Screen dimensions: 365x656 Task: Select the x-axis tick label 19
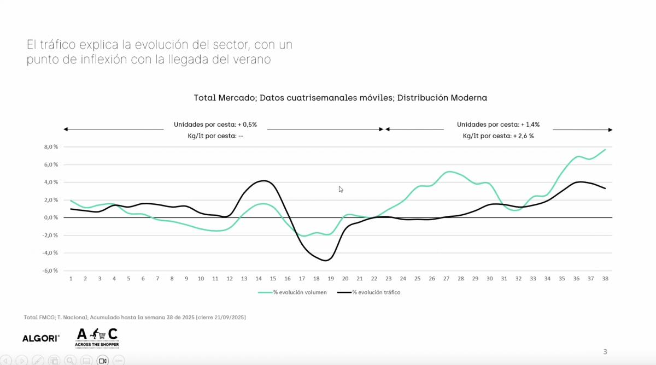[331, 279]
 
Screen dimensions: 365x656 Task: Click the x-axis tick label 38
[605, 279]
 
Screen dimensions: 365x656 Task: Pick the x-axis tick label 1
[71, 279]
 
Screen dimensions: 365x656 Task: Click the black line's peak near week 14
[264, 181]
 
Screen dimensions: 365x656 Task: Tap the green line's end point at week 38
[605, 149]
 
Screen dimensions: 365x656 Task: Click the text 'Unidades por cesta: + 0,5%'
[215, 125]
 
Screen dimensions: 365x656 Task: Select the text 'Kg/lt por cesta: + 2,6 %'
[498, 136]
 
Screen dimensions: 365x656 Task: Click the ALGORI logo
[41, 338]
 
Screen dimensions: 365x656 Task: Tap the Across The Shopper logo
[97, 338]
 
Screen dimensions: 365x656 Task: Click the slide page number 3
[605, 351]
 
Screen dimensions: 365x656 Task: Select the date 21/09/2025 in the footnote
[227, 317]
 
